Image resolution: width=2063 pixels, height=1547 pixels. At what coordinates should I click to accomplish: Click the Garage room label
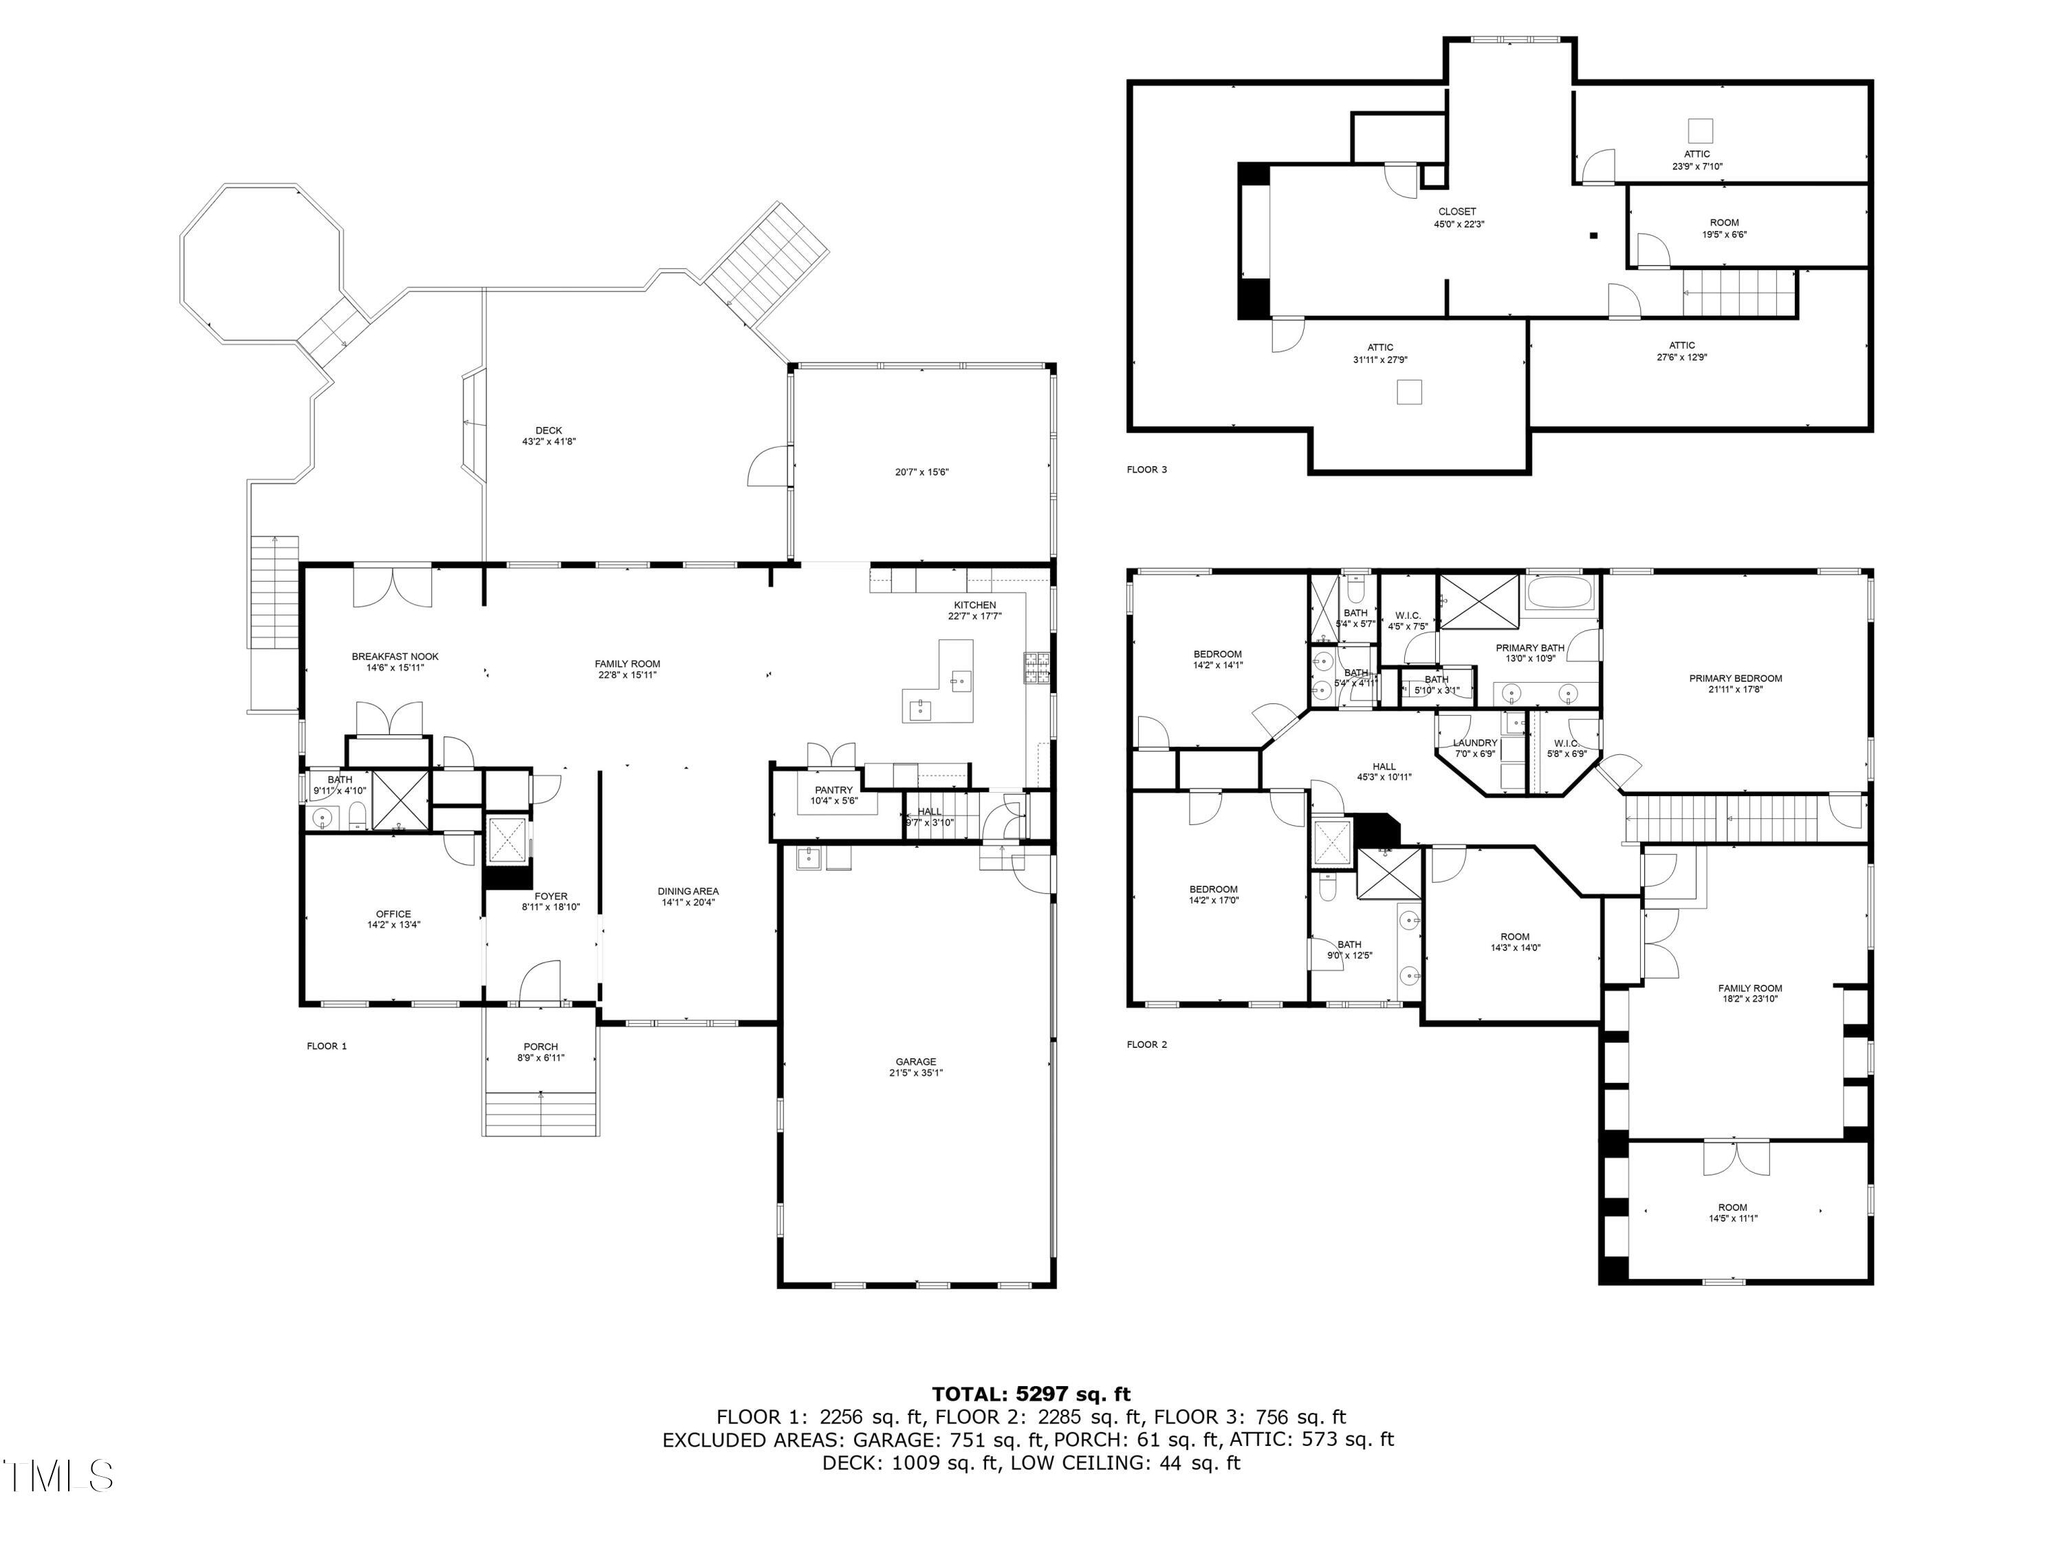(916, 1061)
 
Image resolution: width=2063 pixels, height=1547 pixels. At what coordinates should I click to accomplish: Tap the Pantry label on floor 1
(833, 790)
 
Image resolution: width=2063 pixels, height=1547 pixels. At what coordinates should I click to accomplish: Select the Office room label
(393, 914)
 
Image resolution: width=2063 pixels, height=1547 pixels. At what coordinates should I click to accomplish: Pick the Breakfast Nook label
(395, 657)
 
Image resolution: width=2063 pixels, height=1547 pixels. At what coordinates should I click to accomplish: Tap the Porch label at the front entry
(541, 1046)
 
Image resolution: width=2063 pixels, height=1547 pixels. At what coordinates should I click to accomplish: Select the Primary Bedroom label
(1736, 678)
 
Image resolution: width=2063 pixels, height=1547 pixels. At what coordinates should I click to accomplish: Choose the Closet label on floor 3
(1456, 212)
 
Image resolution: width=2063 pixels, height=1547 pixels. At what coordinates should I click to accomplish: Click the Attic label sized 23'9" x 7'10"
(1697, 154)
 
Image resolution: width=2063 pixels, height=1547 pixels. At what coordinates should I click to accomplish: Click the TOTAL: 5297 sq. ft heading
(1031, 1394)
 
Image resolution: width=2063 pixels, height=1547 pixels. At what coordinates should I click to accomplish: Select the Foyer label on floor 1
(552, 896)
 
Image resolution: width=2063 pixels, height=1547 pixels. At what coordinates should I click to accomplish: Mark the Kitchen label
(974, 605)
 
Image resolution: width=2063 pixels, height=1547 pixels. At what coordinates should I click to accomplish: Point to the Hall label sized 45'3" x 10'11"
(1384, 767)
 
